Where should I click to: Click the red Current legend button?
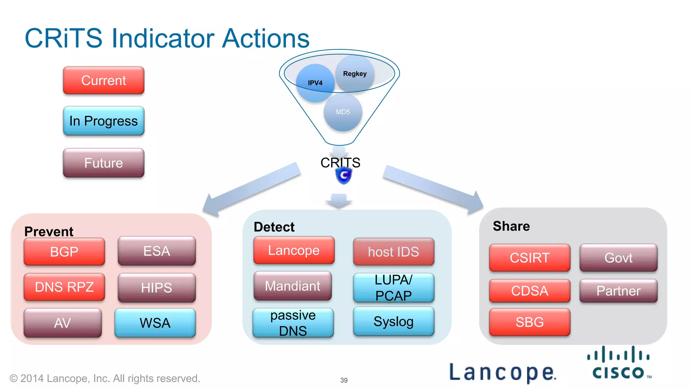pyautogui.click(x=103, y=80)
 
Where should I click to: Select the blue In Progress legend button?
pyautogui.click(x=103, y=121)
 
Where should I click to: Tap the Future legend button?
pyautogui.click(x=103, y=163)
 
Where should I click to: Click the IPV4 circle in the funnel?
pyautogui.click(x=315, y=83)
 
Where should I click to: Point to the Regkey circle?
pyautogui.click(x=355, y=74)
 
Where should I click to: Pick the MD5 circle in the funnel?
pyautogui.click(x=343, y=112)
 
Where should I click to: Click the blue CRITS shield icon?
pyautogui.click(x=344, y=176)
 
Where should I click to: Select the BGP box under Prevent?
pyautogui.click(x=64, y=252)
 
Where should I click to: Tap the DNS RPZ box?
pyautogui.click(x=64, y=287)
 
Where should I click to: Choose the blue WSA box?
pyautogui.click(x=155, y=323)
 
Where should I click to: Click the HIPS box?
pyautogui.click(x=156, y=288)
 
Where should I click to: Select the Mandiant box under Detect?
pyautogui.click(x=293, y=286)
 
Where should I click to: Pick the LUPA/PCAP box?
pyautogui.click(x=394, y=288)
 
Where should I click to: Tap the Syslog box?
pyautogui.click(x=394, y=321)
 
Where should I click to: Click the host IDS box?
pyautogui.click(x=394, y=252)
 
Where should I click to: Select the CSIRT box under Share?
pyautogui.click(x=529, y=258)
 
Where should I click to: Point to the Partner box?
pyautogui.click(x=618, y=291)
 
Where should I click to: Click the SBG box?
pyautogui.click(x=529, y=322)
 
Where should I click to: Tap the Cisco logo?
pyautogui.click(x=618, y=364)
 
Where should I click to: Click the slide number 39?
pyautogui.click(x=344, y=380)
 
